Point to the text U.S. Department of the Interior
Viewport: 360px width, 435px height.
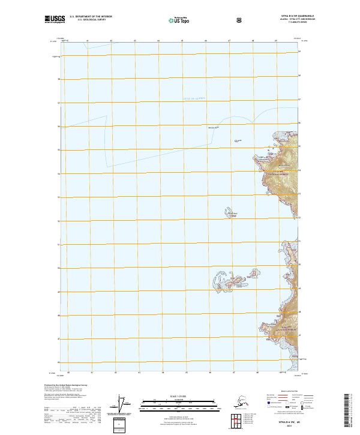pos(91,17)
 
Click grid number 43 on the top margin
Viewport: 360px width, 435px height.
pos(134,41)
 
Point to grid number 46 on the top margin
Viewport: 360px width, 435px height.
pos(206,41)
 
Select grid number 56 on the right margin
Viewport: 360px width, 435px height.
pos(300,125)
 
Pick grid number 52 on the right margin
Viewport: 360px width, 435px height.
pos(300,220)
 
